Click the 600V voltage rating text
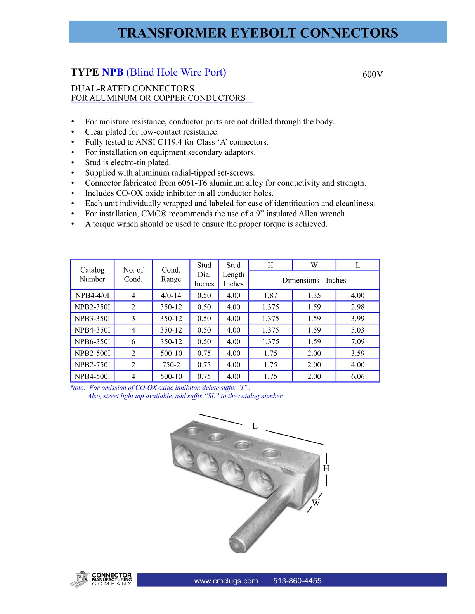click(373, 74)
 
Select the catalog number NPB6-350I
click(92, 341)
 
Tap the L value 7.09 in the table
click(357, 341)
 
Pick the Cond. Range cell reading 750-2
click(171, 365)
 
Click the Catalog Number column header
click(92, 274)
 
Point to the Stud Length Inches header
click(233, 274)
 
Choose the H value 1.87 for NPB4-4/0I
click(270, 295)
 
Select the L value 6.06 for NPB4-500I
click(357, 376)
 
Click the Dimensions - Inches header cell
click(314, 280)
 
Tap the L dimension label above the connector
click(255, 426)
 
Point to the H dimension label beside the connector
click(326, 468)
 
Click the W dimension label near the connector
click(316, 503)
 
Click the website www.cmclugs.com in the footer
click(226, 581)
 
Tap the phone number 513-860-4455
click(297, 581)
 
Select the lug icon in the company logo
click(80, 579)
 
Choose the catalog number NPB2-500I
click(92, 353)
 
